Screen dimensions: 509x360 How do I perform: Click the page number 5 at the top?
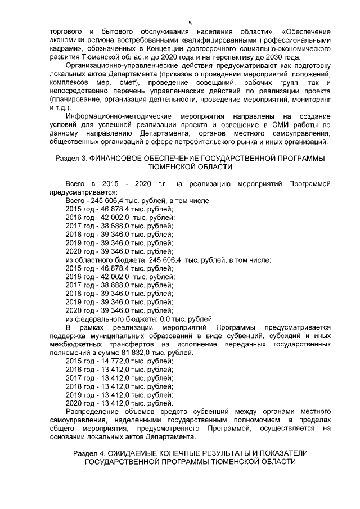coord(190,23)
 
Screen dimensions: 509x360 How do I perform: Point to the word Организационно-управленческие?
coord(116,65)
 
